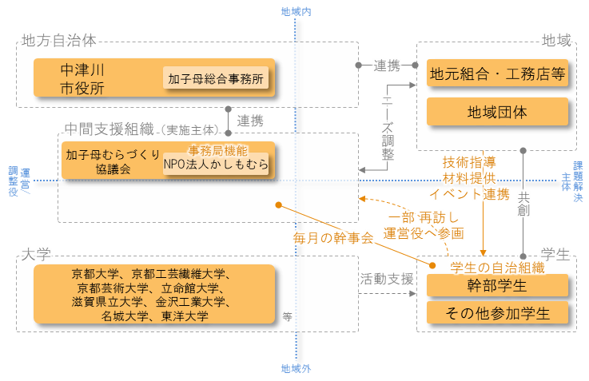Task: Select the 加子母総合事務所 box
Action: [x=216, y=78]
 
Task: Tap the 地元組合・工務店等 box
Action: [x=497, y=73]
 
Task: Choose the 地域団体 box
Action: [x=497, y=111]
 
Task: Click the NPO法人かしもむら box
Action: [x=216, y=164]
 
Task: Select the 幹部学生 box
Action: [x=497, y=285]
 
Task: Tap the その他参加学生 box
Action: [x=497, y=313]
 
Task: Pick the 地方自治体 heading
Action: [x=59, y=38]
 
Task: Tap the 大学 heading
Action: [x=36, y=253]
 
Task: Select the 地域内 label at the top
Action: [x=296, y=11]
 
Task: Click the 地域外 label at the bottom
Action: [x=296, y=369]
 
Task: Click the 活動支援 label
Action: [x=387, y=280]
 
